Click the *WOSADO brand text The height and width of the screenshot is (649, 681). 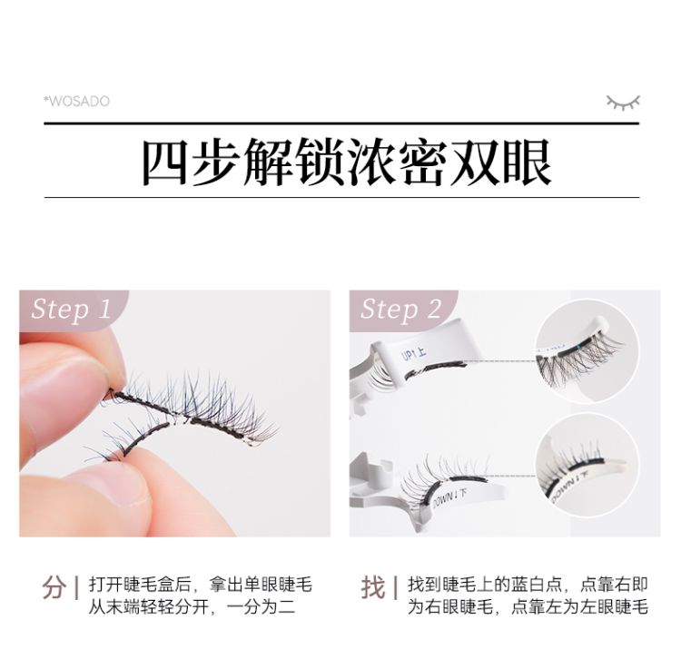tap(76, 101)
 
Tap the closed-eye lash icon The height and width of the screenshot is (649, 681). tap(622, 101)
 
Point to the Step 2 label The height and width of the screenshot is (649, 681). tap(400, 309)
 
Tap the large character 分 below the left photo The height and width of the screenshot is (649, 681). tap(54, 587)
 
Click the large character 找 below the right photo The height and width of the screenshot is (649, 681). tap(373, 587)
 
